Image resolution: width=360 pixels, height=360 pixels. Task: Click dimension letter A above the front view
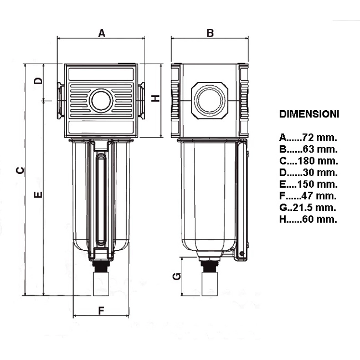(102, 33)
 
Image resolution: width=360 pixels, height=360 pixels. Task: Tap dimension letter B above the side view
(210, 33)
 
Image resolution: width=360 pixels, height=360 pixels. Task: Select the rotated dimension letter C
(20, 170)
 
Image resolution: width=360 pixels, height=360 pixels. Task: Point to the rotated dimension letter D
(38, 81)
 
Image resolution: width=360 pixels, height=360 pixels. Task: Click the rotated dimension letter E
(38, 195)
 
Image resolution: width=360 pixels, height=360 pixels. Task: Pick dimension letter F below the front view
(101, 311)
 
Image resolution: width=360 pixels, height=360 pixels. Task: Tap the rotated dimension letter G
(177, 276)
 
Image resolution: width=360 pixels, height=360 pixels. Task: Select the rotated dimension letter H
(156, 99)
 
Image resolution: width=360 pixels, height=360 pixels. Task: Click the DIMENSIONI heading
(309, 114)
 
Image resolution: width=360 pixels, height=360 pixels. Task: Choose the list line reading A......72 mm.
(308, 137)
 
